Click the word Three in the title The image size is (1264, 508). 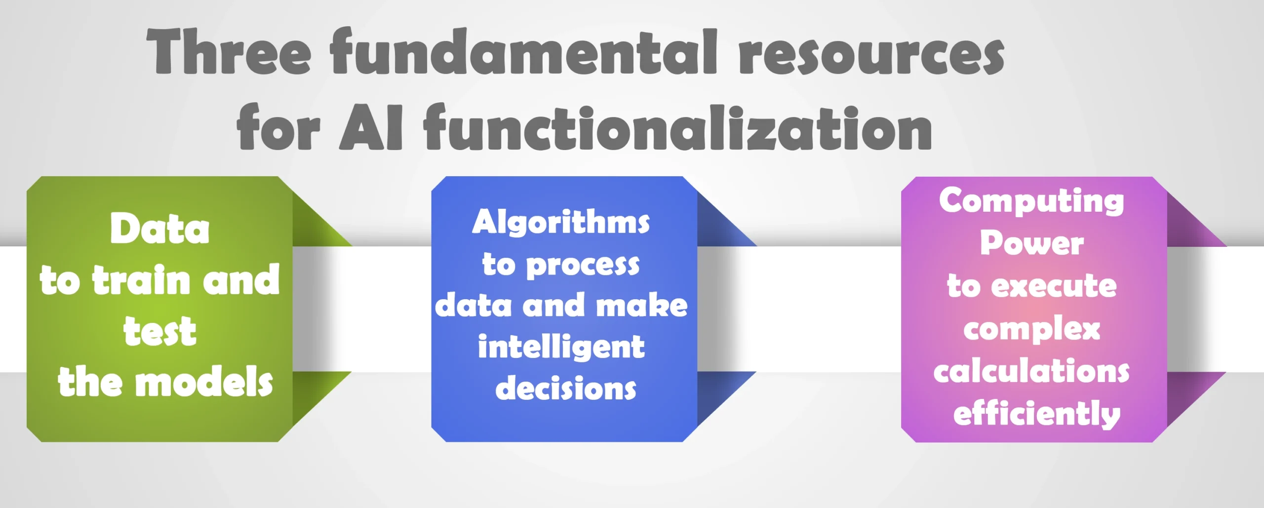click(x=229, y=51)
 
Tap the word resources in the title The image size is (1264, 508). click(x=871, y=55)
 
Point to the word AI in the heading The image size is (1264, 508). click(x=371, y=128)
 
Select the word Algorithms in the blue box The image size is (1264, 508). click(x=561, y=222)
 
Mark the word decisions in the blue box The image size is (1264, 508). click(x=566, y=388)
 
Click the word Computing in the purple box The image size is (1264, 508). click(x=1031, y=201)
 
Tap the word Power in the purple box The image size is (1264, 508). click(x=1032, y=243)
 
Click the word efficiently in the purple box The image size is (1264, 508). click(x=1037, y=414)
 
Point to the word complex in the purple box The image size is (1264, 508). click(x=1032, y=329)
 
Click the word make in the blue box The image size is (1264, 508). click(x=642, y=305)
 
